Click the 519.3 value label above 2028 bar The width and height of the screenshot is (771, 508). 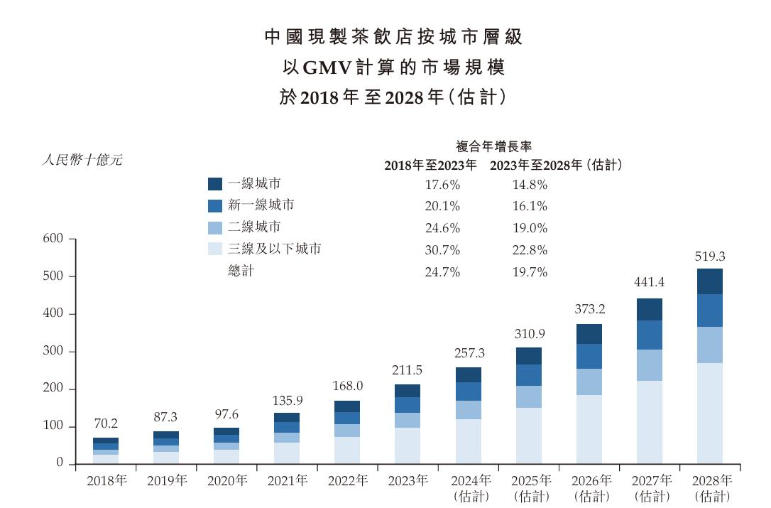tap(709, 256)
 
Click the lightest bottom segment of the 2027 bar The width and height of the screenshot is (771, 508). tap(649, 422)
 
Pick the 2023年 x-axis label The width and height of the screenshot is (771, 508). tap(408, 481)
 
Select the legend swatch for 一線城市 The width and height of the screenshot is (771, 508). tap(215, 184)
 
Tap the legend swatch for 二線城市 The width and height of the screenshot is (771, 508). tap(215, 227)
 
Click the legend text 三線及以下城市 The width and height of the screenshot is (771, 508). tap(275, 249)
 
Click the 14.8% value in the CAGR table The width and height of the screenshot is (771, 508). tap(530, 185)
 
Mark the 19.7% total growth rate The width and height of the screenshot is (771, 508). tap(530, 272)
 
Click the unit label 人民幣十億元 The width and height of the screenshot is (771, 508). tap(82, 160)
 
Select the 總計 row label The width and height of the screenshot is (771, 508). tap(241, 271)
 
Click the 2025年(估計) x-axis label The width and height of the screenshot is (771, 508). tap(528, 488)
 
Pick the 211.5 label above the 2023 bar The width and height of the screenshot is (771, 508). tap(407, 371)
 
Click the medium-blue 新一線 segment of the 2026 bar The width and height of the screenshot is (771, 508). tap(589, 357)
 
